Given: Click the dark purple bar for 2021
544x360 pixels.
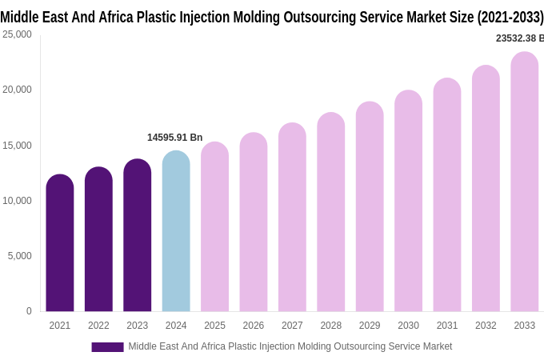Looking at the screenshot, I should (x=60, y=243).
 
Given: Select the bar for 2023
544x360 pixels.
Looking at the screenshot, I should (x=138, y=236).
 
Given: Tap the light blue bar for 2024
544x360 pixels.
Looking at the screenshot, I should (x=176, y=232).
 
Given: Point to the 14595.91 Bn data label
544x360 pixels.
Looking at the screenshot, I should (x=174, y=138).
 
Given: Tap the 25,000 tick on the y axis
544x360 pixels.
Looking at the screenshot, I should (x=17, y=34).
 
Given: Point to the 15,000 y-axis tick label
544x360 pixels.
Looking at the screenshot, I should (x=17, y=146).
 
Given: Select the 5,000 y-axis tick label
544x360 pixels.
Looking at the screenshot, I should (x=19, y=256).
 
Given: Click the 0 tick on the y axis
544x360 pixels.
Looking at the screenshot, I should (x=29, y=311).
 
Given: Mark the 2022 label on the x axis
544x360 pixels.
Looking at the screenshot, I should (x=98, y=326).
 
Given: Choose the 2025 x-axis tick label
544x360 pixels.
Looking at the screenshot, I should (x=214, y=326).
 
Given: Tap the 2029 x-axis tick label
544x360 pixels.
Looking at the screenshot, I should (x=370, y=326).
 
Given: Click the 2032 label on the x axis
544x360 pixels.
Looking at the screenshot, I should (x=486, y=326).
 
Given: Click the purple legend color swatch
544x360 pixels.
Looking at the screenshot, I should (x=107, y=347).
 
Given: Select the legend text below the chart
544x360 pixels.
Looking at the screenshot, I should (x=290, y=346).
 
